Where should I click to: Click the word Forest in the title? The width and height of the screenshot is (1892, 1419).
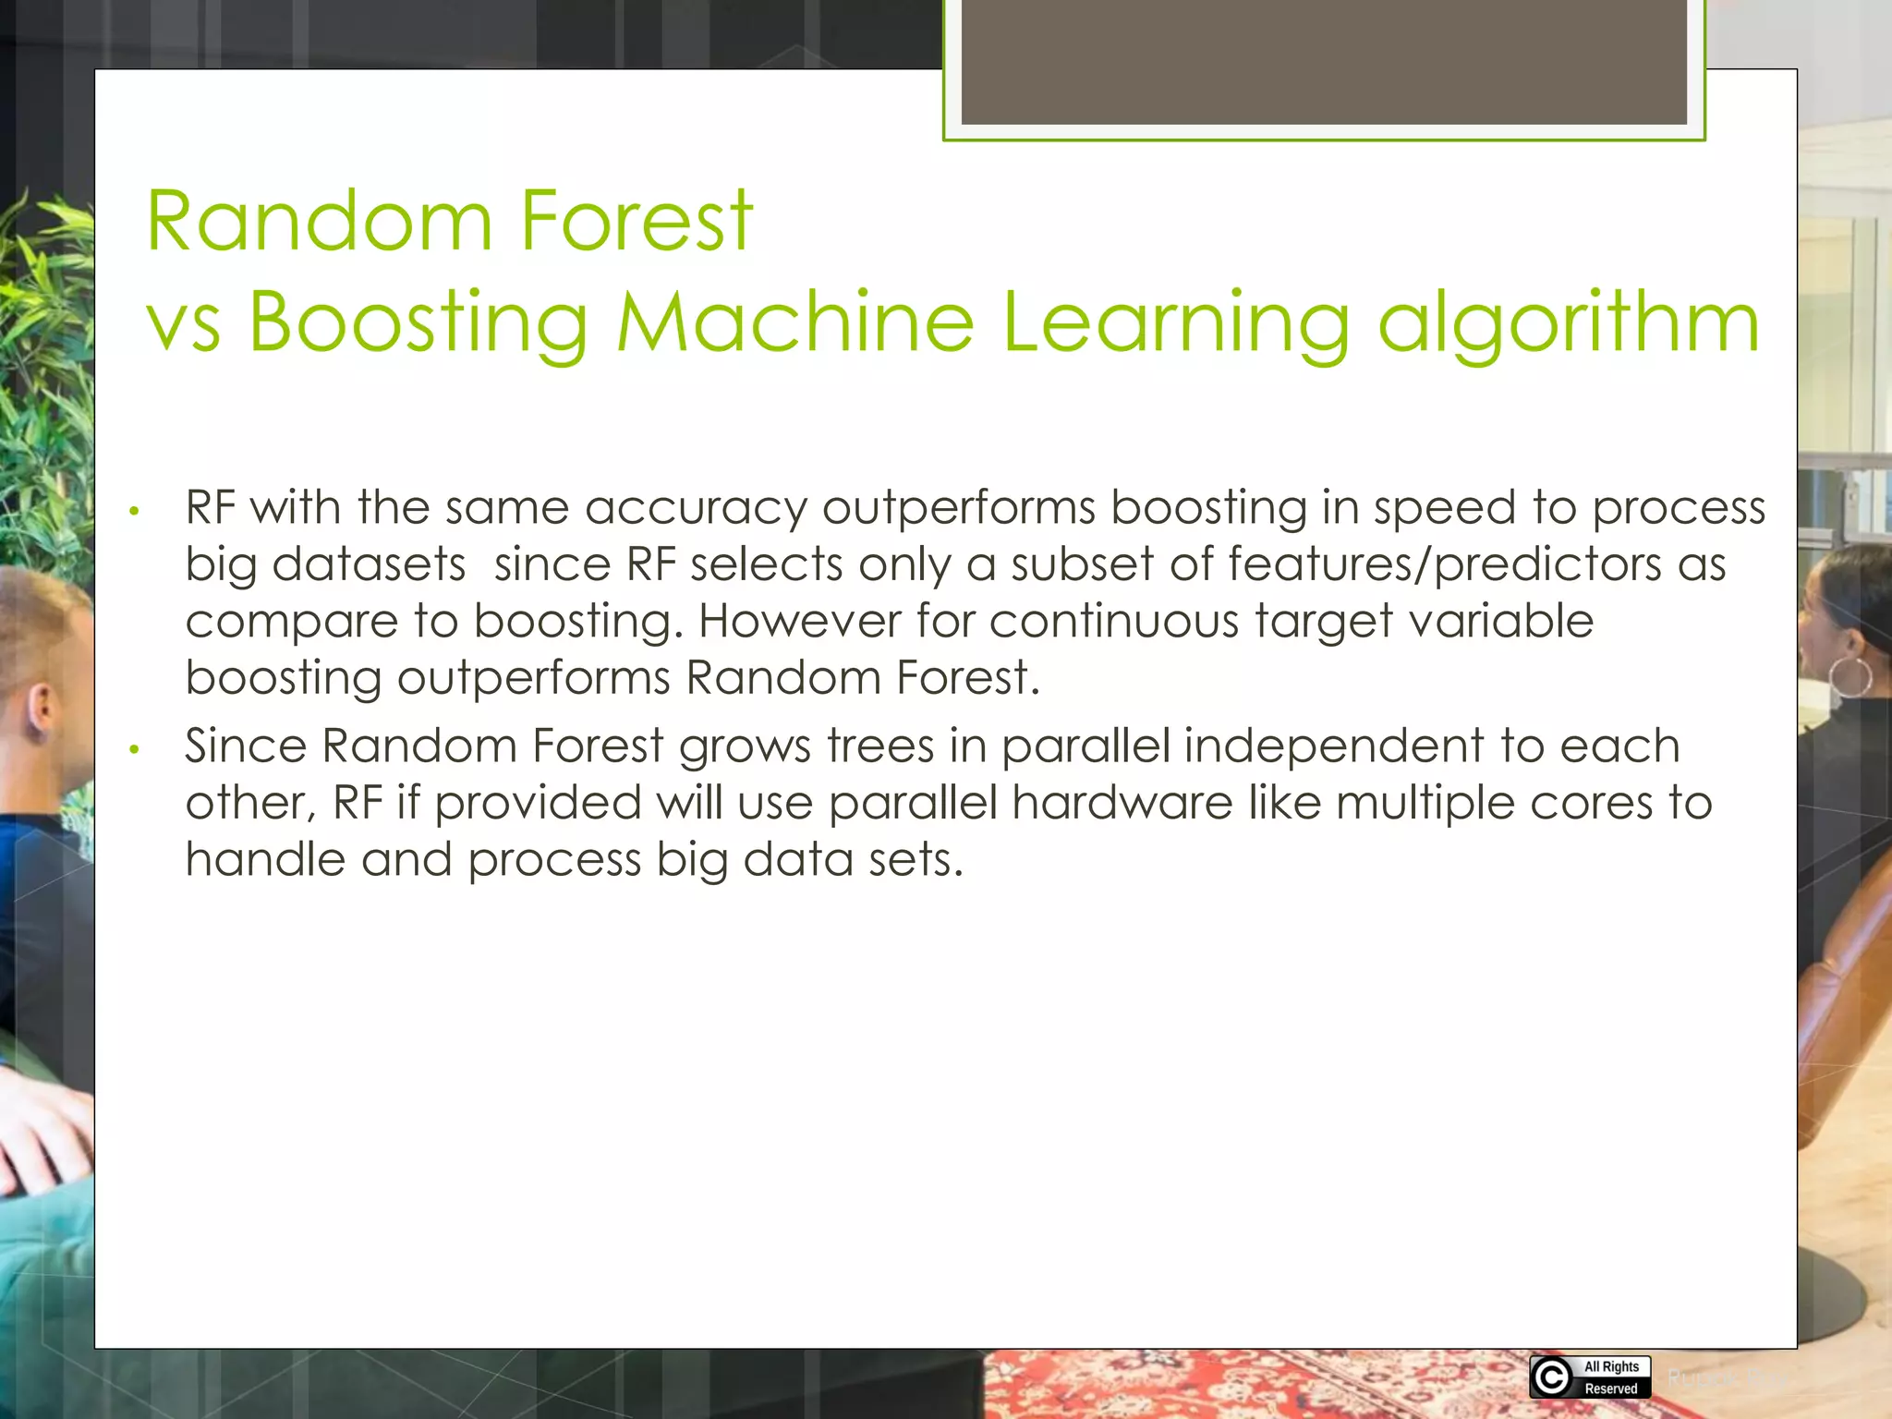[x=637, y=221]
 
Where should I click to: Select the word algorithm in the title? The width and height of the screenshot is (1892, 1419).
[x=1568, y=323]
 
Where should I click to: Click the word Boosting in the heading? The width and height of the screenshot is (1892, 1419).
[x=418, y=323]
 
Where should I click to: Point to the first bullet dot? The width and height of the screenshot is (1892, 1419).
[x=135, y=511]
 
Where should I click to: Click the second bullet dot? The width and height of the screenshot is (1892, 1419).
[x=135, y=749]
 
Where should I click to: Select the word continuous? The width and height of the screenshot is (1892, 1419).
[x=1113, y=621]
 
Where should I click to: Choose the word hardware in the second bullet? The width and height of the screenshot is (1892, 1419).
[x=1122, y=802]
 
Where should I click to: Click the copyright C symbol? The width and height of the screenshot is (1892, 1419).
[x=1551, y=1377]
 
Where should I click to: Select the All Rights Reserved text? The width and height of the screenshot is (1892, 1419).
[x=1611, y=1377]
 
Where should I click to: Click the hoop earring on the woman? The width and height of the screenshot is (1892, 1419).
[x=1851, y=677]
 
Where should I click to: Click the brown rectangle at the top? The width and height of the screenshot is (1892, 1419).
[x=1324, y=61]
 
